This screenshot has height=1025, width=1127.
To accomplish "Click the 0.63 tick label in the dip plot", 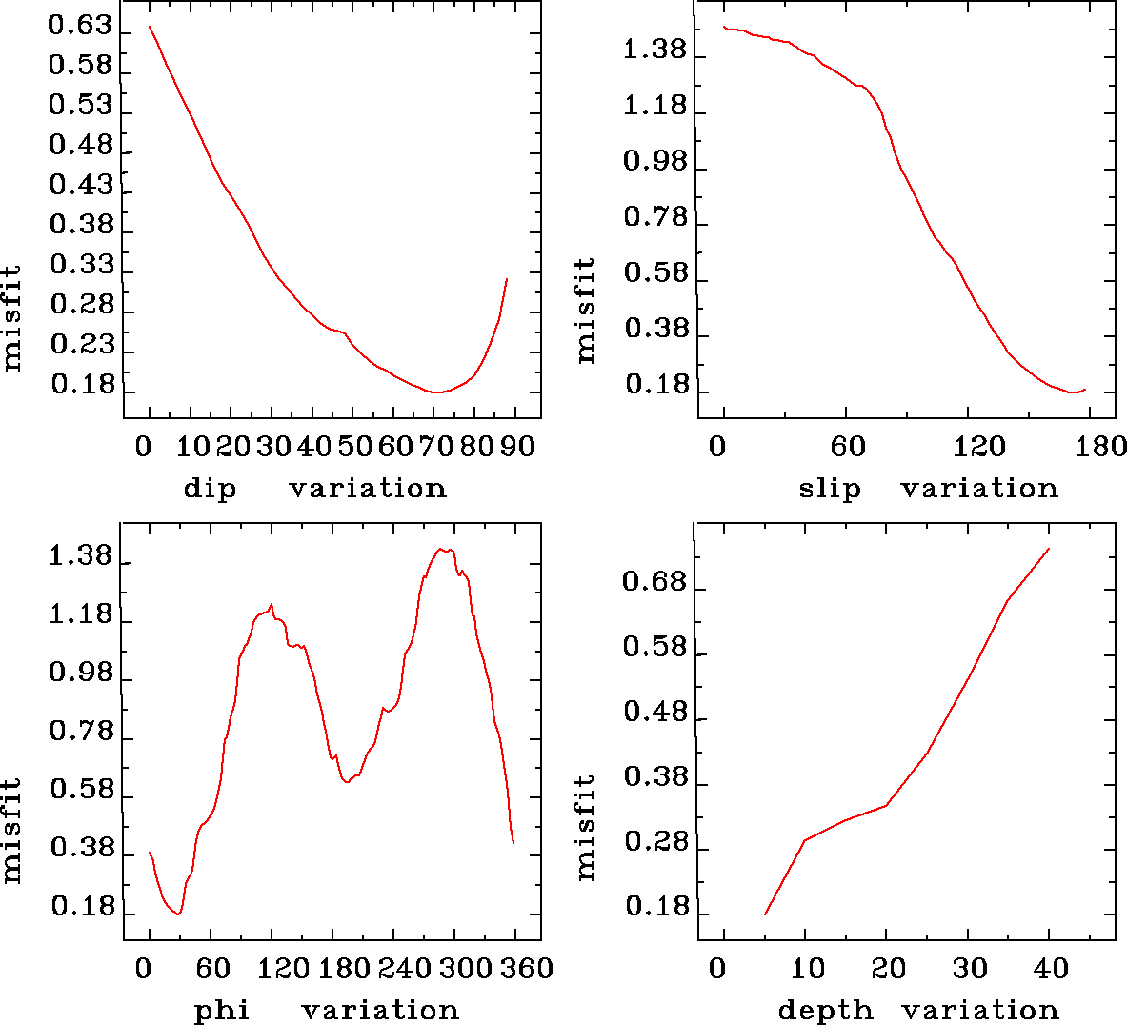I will (x=80, y=26).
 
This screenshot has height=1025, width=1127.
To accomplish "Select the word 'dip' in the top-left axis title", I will (x=210, y=489).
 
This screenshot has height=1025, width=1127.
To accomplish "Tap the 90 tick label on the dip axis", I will (x=517, y=446).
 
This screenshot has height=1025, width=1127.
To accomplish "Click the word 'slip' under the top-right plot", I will (x=830, y=489).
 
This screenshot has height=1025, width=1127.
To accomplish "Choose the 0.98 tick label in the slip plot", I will (x=654, y=161).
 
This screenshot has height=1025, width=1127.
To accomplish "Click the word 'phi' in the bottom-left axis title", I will (x=222, y=1010).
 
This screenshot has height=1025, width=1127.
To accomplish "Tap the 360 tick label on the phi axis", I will (x=527, y=969).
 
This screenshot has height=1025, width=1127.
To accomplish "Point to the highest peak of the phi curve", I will (x=440, y=549).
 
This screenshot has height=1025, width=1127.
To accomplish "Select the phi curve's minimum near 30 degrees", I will (x=178, y=914).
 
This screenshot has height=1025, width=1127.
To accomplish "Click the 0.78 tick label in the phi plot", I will (x=80, y=732).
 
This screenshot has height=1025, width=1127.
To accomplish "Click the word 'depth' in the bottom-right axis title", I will (x=825, y=1010).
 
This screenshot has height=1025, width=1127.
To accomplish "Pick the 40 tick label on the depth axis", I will (x=1051, y=969).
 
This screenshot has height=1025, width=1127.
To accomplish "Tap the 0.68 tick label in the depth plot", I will (x=654, y=581).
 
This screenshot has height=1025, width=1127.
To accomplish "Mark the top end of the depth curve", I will (x=1049, y=549).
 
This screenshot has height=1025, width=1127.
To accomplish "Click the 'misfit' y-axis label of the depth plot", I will (x=585, y=826).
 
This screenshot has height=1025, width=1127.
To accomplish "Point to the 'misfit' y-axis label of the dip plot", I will (x=11, y=318).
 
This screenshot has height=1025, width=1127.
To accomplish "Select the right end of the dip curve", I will (x=507, y=279).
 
